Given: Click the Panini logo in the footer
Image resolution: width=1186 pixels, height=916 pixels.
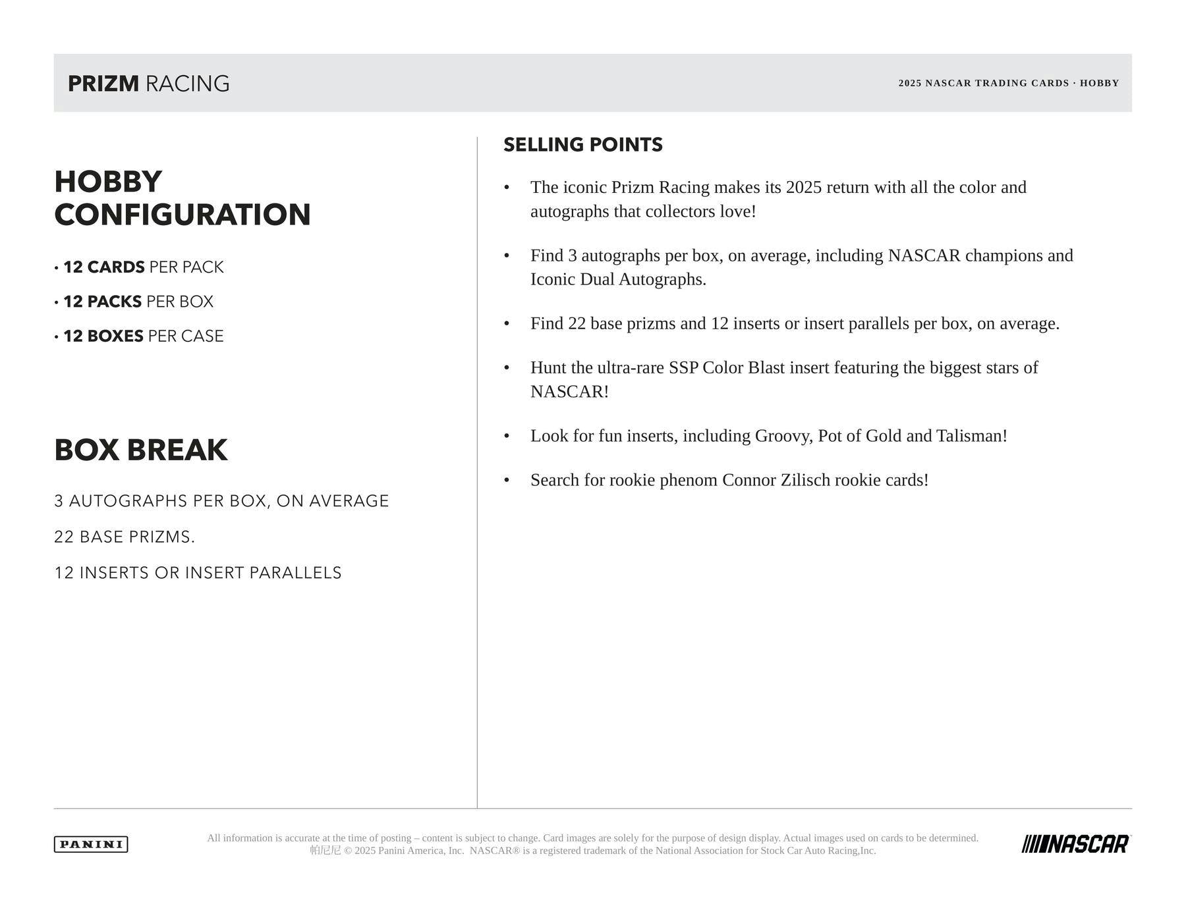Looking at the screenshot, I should coord(91,844).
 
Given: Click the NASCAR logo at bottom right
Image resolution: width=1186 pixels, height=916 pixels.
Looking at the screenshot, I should coord(1076,844).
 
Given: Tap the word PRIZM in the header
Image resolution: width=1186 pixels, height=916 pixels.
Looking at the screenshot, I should coord(103,84).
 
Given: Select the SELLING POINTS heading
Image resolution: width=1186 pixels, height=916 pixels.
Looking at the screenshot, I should coord(583,145).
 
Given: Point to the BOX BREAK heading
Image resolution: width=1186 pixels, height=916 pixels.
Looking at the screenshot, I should coord(141,450).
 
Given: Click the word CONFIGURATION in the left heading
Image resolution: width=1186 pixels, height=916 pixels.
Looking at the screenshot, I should coord(183,215).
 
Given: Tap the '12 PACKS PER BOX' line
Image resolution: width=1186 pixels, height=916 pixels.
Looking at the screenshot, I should coord(138,302).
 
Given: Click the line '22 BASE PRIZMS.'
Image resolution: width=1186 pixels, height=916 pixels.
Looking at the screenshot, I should coord(125,537).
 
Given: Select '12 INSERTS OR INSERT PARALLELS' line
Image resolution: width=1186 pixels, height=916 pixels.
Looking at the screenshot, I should coord(198,573).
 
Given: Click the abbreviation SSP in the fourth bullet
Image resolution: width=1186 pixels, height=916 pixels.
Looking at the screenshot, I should coord(683,367).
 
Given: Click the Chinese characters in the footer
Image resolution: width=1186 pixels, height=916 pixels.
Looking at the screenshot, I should coord(325,851).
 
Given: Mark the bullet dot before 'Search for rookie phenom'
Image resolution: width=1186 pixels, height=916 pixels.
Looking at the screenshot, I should coord(507,480).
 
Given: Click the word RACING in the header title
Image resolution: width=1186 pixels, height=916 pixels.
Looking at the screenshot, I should coord(187,84).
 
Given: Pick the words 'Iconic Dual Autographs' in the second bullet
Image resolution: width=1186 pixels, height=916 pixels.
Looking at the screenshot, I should coord(617,279).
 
